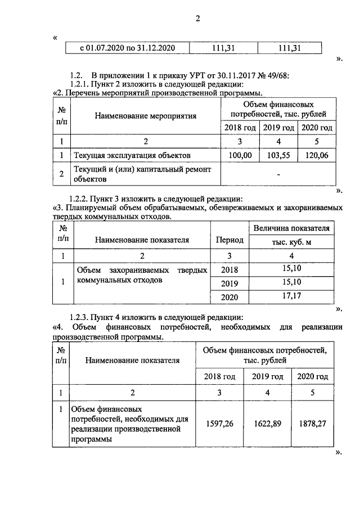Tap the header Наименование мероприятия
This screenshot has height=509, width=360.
145,116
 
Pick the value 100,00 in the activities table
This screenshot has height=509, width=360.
240,154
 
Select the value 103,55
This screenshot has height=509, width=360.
277,154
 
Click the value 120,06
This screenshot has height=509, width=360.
316,154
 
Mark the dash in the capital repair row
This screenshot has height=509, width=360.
278,174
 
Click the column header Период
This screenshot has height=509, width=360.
229,240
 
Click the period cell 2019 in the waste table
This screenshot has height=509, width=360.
229,282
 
